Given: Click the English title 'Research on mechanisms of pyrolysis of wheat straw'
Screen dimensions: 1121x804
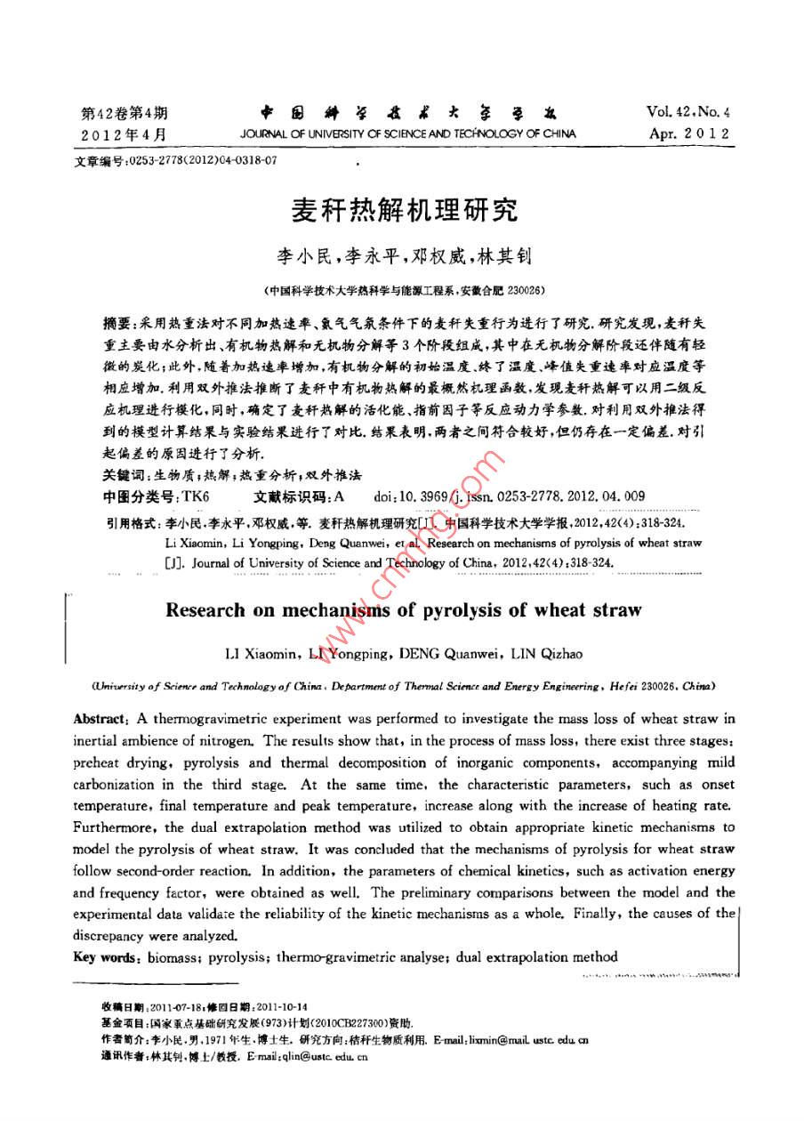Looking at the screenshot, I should [x=403, y=610].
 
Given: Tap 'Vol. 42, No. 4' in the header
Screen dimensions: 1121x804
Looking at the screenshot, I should [x=688, y=113].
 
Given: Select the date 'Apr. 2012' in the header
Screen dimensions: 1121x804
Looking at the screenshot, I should [x=688, y=134].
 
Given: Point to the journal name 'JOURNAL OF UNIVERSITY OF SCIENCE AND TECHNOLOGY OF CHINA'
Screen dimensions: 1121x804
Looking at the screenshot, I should [x=408, y=134].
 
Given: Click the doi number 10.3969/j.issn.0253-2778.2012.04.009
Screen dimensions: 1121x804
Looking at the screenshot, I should [x=525, y=496].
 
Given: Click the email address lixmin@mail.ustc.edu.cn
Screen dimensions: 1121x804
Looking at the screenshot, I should [x=525, y=1038].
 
